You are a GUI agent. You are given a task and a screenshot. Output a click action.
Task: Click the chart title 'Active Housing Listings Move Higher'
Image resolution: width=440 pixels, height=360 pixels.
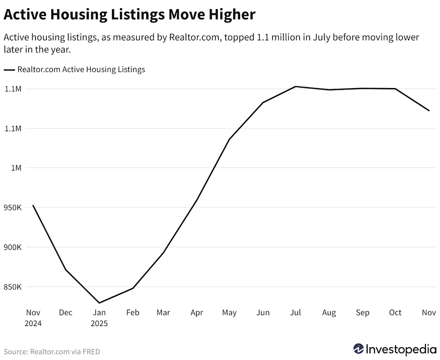pos(129,15)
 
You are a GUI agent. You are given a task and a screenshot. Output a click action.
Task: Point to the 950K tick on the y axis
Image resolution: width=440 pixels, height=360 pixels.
pos(12,208)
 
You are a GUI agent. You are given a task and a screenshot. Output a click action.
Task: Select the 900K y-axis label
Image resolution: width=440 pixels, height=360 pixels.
pos(12,248)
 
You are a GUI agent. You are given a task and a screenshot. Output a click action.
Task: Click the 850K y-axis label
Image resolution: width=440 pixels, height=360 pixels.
pos(12,287)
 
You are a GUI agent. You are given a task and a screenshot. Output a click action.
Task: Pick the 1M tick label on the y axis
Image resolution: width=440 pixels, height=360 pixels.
pos(16,168)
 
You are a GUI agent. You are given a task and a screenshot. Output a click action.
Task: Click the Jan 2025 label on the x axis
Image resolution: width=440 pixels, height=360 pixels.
pos(99,317)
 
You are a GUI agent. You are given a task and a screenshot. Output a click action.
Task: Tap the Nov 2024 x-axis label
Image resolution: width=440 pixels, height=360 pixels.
pos(33,317)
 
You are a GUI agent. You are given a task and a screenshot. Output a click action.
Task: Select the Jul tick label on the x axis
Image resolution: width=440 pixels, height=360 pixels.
pos(296,313)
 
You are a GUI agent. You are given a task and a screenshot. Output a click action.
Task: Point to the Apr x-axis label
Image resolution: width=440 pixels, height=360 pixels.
pos(197,313)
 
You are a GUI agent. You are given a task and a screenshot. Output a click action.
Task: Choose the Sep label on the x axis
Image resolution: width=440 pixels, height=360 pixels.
pos(363,313)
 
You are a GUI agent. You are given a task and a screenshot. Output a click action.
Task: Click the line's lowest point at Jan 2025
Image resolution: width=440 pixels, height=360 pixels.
pos(99,303)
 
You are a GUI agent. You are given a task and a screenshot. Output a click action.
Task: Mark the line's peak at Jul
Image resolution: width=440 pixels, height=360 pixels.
pos(296,86)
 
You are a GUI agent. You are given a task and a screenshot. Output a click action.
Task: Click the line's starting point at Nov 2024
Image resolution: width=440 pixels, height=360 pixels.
pos(33,205)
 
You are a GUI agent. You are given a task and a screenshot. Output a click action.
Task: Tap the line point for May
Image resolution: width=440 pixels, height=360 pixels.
pos(229,139)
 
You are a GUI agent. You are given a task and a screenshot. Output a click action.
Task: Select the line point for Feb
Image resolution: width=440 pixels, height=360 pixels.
pos(132,288)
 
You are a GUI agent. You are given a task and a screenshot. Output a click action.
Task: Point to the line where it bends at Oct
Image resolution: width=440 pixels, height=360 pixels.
pos(396,89)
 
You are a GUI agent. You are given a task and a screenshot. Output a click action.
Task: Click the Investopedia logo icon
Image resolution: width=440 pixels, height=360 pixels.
pos(359,349)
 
